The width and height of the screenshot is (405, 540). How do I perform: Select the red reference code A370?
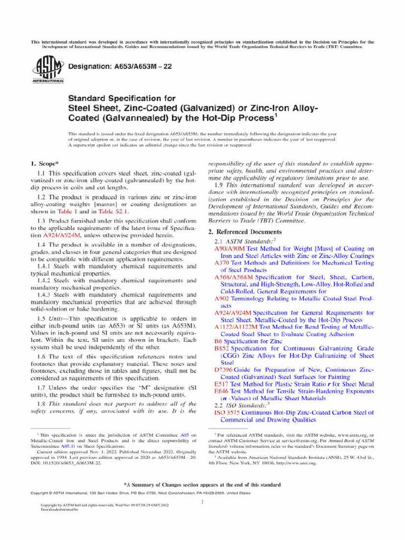pos(221,263)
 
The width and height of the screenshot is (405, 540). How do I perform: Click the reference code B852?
pos(221,349)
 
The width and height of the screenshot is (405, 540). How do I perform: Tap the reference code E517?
pos(221,384)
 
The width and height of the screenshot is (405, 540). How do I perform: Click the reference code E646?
pos(221,392)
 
